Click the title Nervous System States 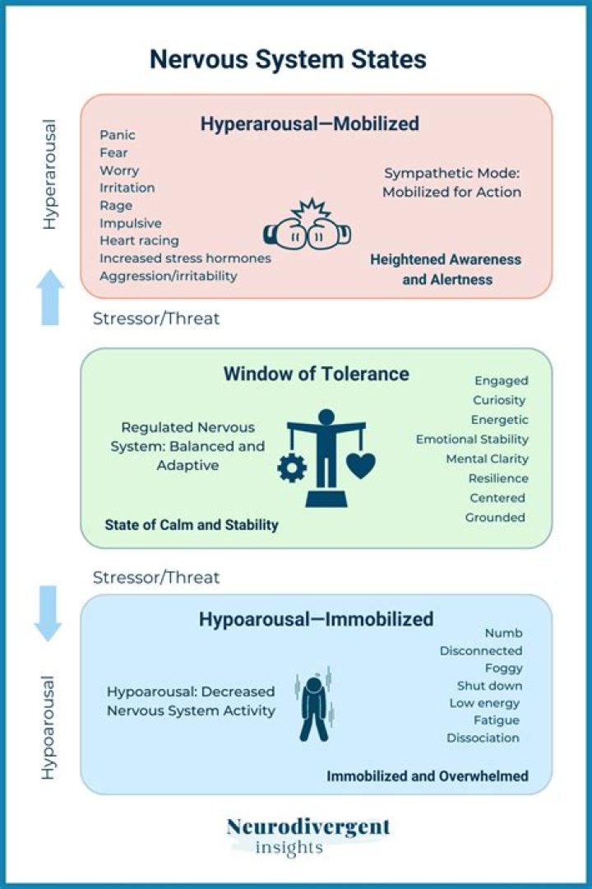click(287, 60)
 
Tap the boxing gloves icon click(307, 225)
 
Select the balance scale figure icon click(326, 457)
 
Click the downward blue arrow click(48, 613)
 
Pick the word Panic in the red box click(118, 135)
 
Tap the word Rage click(116, 206)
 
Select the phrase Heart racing click(139, 241)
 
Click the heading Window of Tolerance click(316, 374)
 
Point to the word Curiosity click(499, 401)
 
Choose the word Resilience click(498, 478)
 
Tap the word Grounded click(495, 518)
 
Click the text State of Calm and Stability click(192, 524)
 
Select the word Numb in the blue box click(503, 633)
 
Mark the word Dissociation click(483, 738)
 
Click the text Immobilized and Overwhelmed click(428, 776)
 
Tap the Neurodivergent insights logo click(308, 835)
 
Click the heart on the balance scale click(360, 465)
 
